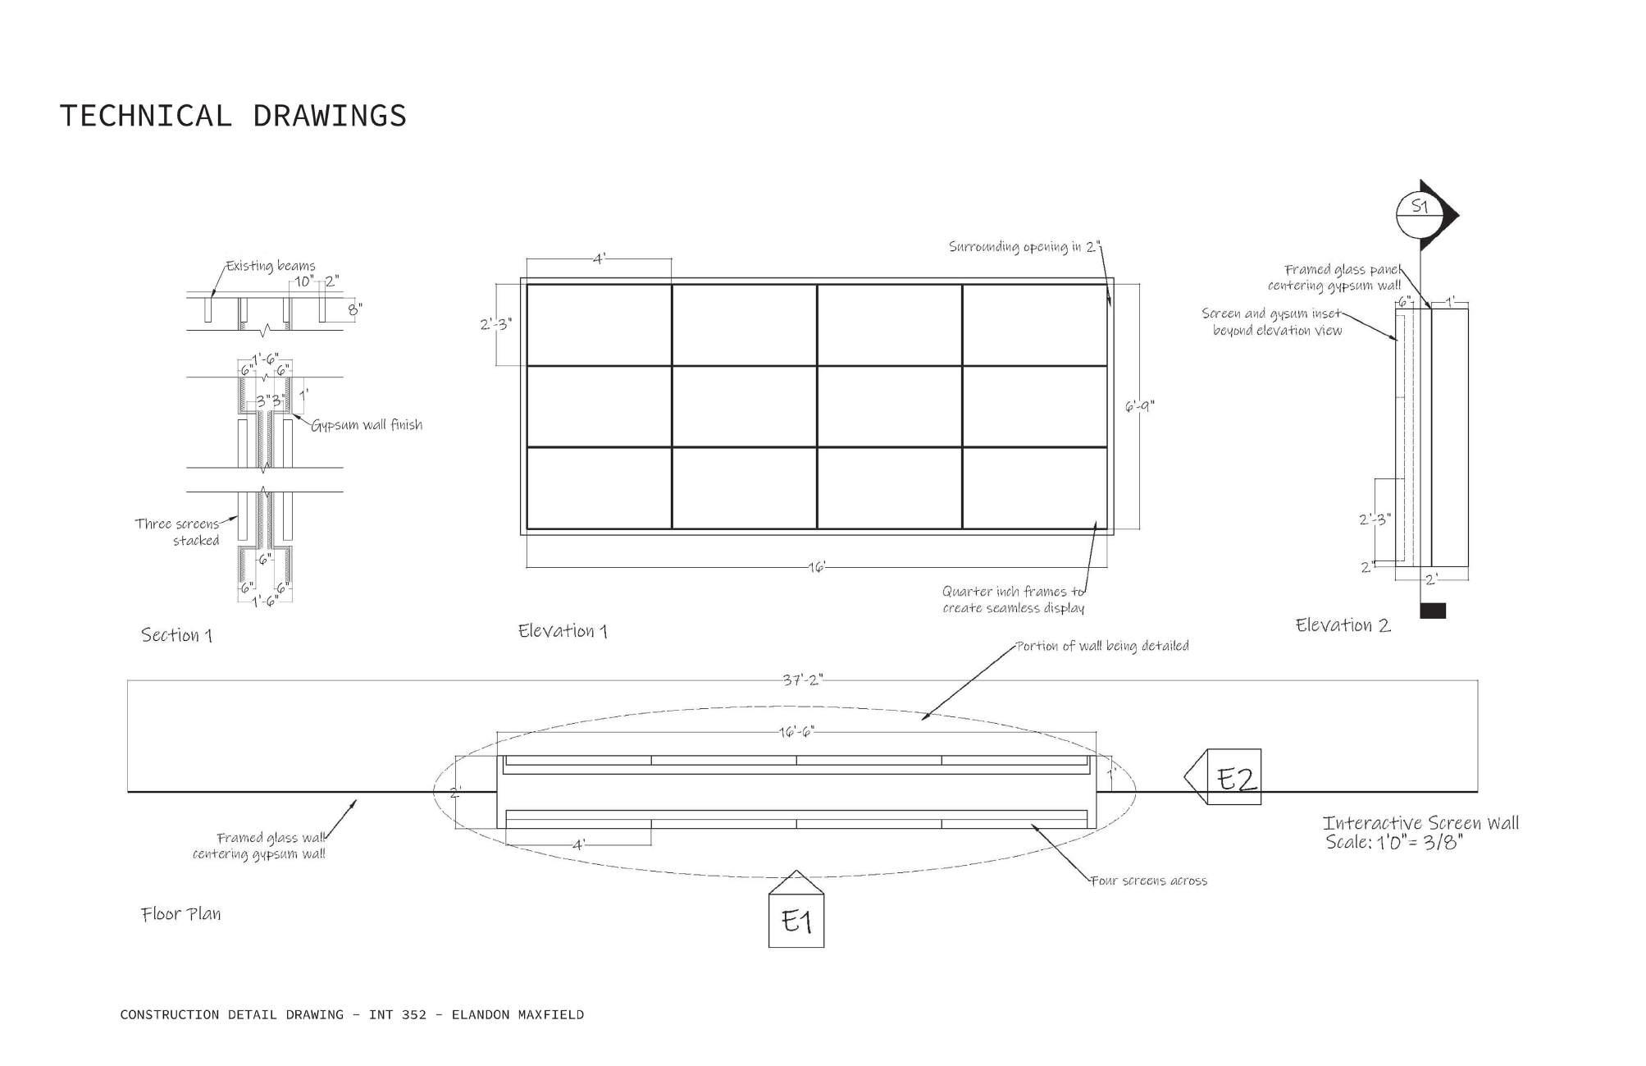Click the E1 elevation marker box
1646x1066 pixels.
796,921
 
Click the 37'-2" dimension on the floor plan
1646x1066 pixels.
802,680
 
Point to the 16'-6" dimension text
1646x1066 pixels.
796,731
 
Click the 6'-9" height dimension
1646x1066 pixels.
1139,406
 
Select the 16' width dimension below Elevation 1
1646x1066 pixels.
817,567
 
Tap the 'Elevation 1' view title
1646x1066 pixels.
563,631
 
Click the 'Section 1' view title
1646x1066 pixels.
176,635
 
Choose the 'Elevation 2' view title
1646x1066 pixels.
1343,625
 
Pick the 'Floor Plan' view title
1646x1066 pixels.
180,914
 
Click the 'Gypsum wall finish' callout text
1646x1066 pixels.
367,425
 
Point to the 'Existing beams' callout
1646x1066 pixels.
271,266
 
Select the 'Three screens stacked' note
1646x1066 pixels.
178,532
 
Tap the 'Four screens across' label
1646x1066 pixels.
1149,881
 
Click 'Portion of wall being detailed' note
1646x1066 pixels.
1102,647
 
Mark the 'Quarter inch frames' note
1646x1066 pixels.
1013,600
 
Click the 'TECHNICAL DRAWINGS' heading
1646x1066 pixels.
233,116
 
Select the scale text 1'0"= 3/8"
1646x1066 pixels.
1393,843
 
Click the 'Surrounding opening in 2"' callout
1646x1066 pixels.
1024,247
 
